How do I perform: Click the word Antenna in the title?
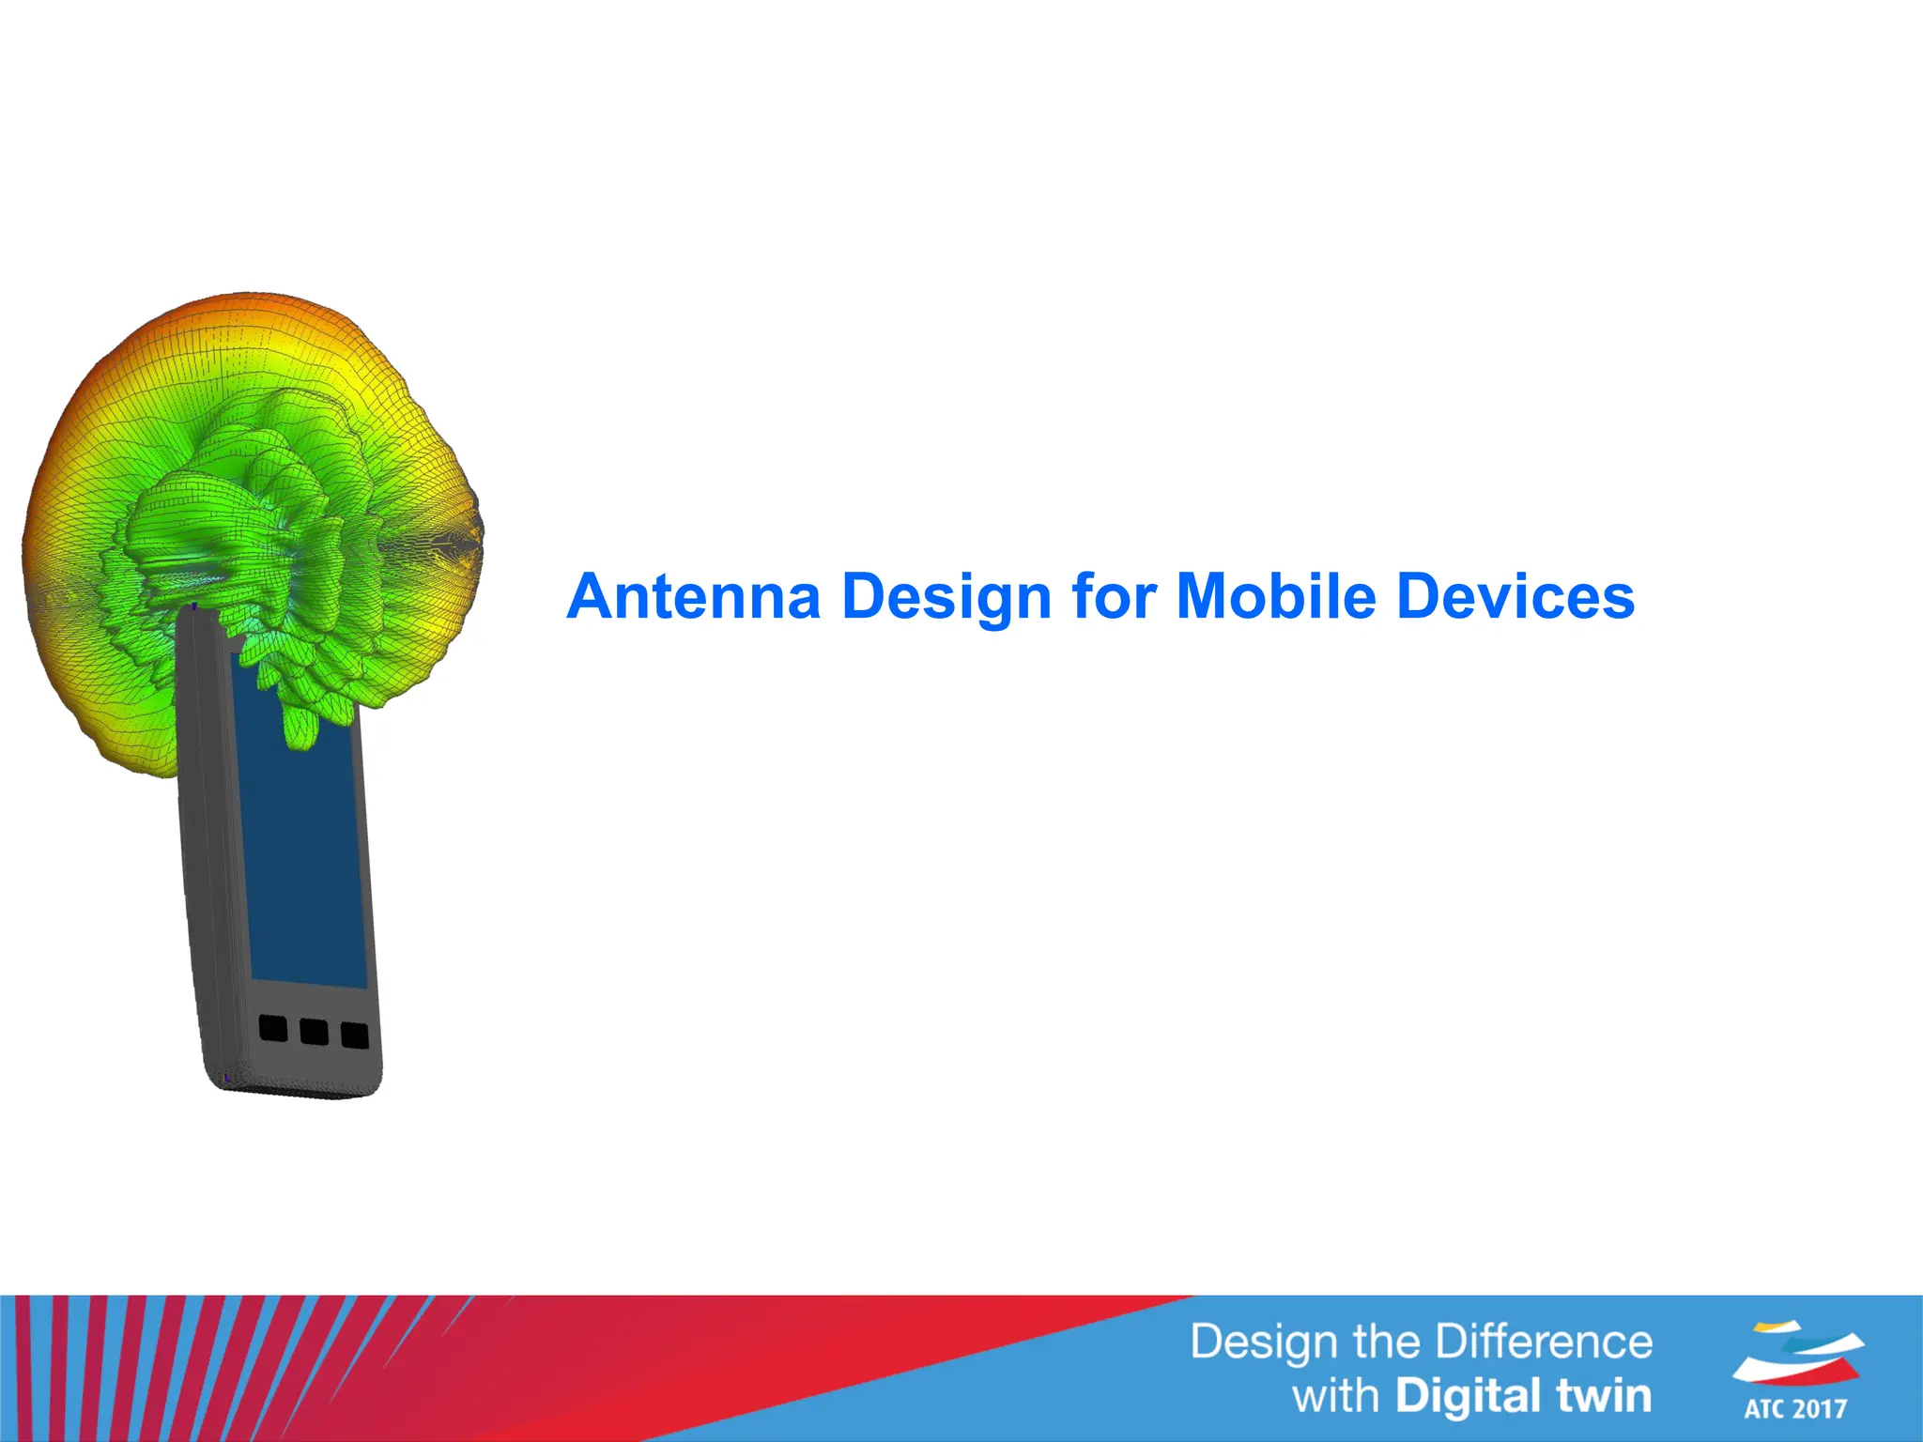[x=694, y=597]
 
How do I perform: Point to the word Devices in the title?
[x=1515, y=597]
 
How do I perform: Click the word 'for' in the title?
[x=1114, y=597]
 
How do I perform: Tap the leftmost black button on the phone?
[x=273, y=1028]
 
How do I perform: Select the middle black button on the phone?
[x=314, y=1032]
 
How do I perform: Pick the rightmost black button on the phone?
[x=354, y=1035]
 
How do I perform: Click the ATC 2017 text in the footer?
[x=1795, y=1408]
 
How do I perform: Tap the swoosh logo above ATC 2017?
[x=1797, y=1352]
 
